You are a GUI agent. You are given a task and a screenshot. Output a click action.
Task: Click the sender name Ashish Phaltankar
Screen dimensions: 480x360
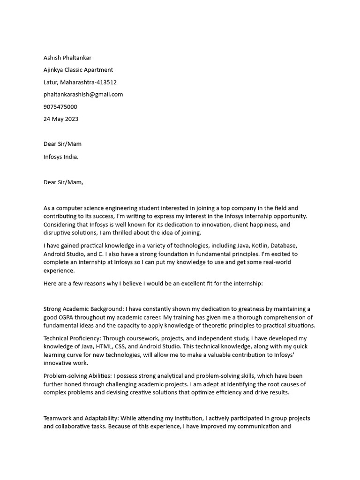[67, 58]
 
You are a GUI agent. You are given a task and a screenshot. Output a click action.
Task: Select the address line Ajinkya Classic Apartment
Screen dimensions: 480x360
[78, 70]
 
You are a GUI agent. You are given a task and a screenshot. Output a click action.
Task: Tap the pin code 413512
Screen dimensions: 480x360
[106, 82]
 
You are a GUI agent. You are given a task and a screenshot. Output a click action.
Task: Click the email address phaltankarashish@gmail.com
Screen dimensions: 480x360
[83, 94]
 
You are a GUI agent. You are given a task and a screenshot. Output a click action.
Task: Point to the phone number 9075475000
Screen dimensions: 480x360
[60, 106]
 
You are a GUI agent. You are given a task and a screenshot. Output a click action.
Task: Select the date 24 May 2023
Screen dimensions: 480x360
[61, 119]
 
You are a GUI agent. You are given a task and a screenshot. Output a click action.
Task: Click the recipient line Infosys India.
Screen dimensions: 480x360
[61, 157]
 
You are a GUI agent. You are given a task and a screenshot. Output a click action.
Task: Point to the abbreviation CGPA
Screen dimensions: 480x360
[67, 317]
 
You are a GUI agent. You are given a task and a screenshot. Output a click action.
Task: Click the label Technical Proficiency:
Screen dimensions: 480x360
[72, 338]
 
